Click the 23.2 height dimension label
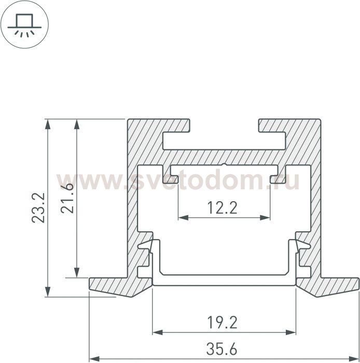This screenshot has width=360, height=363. [38, 208]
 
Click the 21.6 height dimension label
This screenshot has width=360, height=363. [67, 198]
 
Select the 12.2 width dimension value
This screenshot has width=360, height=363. [222, 207]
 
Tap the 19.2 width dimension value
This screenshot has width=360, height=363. [222, 323]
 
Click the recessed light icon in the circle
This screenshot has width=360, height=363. [24, 24]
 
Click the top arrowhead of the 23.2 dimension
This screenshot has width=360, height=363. [48, 124]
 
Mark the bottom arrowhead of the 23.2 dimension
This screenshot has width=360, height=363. [48, 291]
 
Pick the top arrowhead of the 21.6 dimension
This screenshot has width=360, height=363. [77, 124]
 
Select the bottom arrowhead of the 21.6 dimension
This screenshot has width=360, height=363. [77, 272]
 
